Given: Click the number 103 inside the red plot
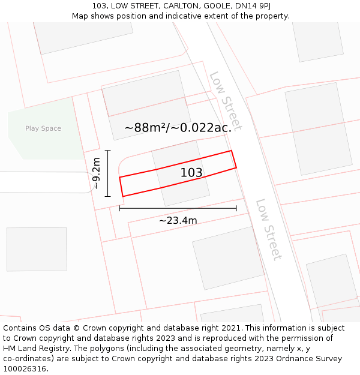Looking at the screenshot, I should pyautogui.click(x=191, y=173).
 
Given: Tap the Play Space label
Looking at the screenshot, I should pyautogui.click(x=43, y=128).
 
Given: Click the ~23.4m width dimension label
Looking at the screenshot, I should pyautogui.click(x=178, y=220).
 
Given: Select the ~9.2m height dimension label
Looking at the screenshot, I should pyautogui.click(x=96, y=173).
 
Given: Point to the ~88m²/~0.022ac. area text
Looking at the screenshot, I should pyautogui.click(x=178, y=127).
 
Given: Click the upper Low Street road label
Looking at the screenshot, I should pyautogui.click(x=226, y=101).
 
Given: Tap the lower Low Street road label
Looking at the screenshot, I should pyautogui.click(x=268, y=230).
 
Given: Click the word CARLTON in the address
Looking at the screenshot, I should pyautogui.click(x=178, y=6).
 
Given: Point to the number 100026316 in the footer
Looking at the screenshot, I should pyautogui.click(x=25, y=369).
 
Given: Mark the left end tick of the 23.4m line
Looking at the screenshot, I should pyautogui.click(x=119, y=208).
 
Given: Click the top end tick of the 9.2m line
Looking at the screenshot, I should pyautogui.click(x=108, y=150).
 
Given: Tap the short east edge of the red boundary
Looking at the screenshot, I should pyautogui.click(x=234, y=159).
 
